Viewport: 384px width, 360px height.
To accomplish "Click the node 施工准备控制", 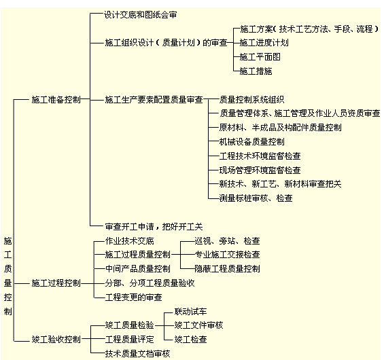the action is click(x=56, y=100).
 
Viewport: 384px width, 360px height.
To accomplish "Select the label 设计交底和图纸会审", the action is click(x=140, y=15).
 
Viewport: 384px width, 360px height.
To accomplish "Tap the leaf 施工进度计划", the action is click(x=264, y=43).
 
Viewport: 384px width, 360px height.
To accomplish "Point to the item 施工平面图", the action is click(x=260, y=57).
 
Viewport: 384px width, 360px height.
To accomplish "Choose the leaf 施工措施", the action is click(x=256, y=71).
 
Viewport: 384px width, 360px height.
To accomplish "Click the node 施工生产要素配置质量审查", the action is click(x=154, y=100).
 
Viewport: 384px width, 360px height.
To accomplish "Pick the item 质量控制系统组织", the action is click(x=251, y=100).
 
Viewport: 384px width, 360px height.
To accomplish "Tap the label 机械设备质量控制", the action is click(x=251, y=142).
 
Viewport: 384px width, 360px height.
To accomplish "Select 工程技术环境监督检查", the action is click(x=260, y=156).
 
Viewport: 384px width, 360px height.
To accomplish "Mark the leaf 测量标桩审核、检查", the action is click(x=256, y=198).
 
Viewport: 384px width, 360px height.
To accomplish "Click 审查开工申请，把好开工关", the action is click(x=154, y=227).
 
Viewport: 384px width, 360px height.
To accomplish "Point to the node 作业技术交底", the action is click(x=129, y=241).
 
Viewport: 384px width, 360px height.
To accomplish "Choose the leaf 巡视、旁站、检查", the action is click(x=227, y=241).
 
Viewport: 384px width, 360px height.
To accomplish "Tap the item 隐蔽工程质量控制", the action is click(x=227, y=269).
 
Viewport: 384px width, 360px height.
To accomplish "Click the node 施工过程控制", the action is click(x=56, y=283).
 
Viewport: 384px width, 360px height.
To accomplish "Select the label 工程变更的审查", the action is click(x=133, y=298).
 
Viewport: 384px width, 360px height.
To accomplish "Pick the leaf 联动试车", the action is click(x=190, y=312).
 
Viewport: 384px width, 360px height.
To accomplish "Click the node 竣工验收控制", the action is click(x=56, y=340).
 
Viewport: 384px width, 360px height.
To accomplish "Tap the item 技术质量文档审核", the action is click(x=137, y=354).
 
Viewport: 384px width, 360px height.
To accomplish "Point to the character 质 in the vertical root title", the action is click(x=8, y=269).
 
